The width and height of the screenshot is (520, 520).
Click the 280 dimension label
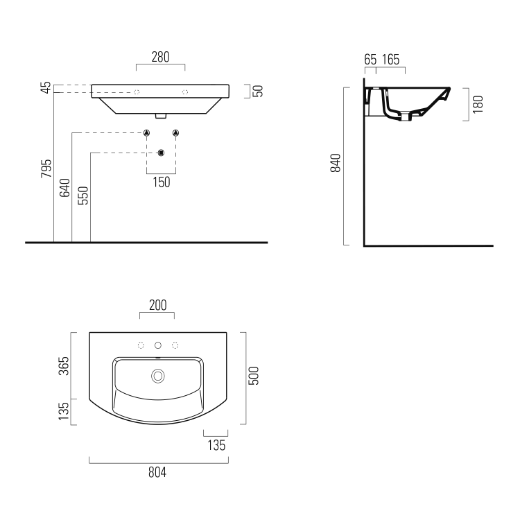pyautogui.click(x=161, y=57)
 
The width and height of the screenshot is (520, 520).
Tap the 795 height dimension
pyautogui.click(x=46, y=168)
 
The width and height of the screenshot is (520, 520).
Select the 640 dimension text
pyautogui.click(x=64, y=188)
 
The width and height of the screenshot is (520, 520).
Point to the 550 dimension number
pyautogui.click(x=83, y=196)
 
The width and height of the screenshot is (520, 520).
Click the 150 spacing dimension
pyautogui.click(x=162, y=182)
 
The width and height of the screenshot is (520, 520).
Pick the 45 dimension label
pyautogui.click(x=46, y=87)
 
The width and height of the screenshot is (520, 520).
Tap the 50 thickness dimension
pyautogui.click(x=258, y=91)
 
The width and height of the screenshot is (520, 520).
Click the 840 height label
pyautogui.click(x=336, y=163)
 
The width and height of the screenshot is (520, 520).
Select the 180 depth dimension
pyautogui.click(x=478, y=105)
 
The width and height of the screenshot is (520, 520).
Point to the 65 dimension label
pyautogui.click(x=370, y=60)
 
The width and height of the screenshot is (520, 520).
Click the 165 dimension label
pyautogui.click(x=390, y=60)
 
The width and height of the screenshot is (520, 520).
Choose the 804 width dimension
pyautogui.click(x=157, y=472)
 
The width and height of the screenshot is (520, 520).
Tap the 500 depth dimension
pyautogui.click(x=254, y=376)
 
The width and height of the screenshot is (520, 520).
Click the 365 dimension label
pyautogui.click(x=64, y=366)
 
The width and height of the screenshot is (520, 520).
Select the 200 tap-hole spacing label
pyautogui.click(x=158, y=305)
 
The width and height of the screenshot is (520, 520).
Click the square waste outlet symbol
pyautogui.click(x=161, y=153)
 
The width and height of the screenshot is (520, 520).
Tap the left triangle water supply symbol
pyautogui.click(x=146, y=133)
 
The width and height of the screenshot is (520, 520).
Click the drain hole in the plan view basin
pyautogui.click(x=158, y=376)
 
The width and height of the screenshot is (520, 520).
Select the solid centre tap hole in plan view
pyautogui.click(x=158, y=345)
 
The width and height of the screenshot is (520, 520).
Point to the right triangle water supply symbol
pyautogui.click(x=176, y=133)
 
